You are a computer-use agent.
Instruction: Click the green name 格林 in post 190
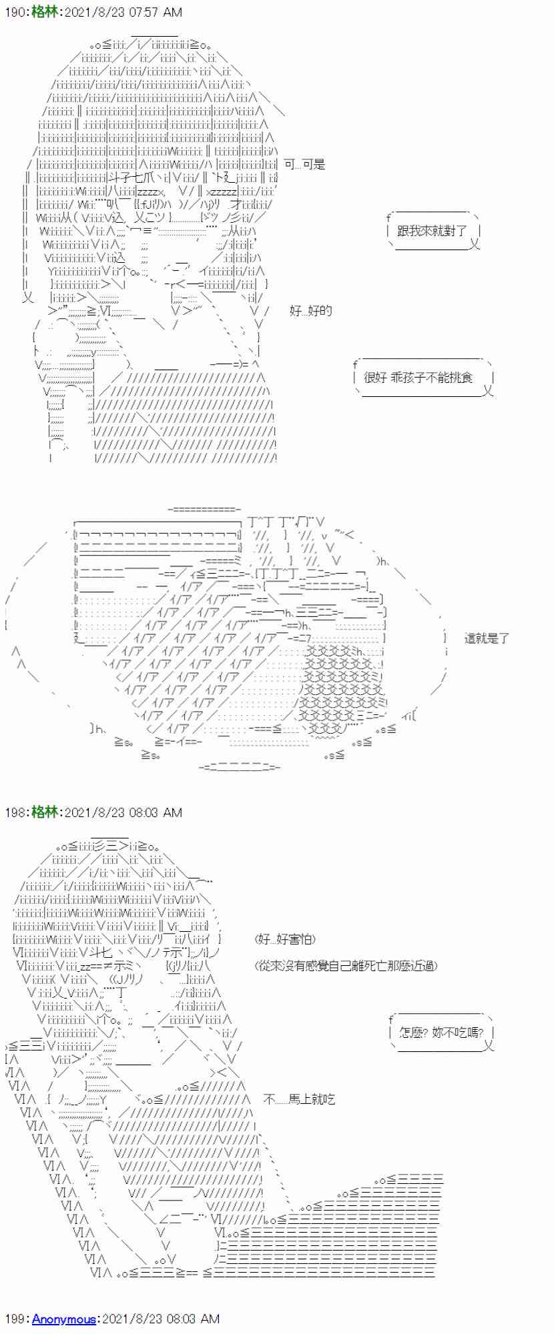pos(45,12)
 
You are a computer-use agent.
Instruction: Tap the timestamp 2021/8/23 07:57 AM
pos(122,12)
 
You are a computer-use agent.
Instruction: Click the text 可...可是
pos(304,164)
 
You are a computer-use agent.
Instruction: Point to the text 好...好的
pos(310,310)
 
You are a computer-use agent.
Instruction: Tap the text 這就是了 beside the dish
pos(487,638)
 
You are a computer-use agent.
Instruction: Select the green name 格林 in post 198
pos(45,812)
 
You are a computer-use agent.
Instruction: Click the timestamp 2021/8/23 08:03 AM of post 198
pos(122,812)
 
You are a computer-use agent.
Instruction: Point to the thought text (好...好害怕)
pos(286,939)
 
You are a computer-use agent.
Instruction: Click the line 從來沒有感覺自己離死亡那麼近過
pos(347,966)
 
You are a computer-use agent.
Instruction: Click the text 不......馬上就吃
pos(298,1099)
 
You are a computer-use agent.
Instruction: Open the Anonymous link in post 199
pos(63,1319)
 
